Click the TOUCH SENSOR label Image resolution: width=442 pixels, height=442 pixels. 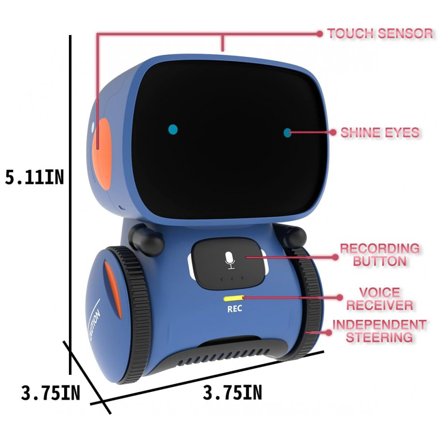click(x=380, y=33)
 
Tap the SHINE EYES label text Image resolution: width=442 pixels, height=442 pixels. click(x=380, y=132)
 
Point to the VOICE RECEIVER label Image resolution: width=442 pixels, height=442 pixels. click(x=379, y=298)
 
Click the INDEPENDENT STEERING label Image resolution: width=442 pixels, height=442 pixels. click(x=379, y=331)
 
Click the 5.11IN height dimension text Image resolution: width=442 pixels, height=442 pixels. click(x=34, y=177)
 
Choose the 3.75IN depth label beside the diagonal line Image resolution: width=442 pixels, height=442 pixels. click(x=50, y=393)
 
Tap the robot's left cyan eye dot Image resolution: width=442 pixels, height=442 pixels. click(x=173, y=130)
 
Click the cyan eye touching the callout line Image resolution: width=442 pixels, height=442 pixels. click(x=288, y=132)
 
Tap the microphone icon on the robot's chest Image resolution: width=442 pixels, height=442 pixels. click(x=229, y=261)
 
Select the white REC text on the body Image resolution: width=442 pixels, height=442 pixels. click(x=234, y=309)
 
